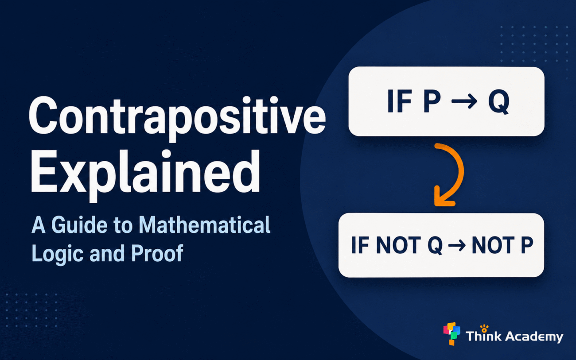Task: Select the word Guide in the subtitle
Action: pos(79,225)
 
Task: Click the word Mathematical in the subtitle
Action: pos(204,225)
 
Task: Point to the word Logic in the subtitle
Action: pos(57,253)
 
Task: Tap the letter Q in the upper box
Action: pos(498,102)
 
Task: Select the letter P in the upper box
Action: pos(432,101)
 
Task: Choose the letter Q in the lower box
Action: pos(435,246)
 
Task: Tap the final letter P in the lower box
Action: pos(527,245)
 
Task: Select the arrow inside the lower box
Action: pos(457,246)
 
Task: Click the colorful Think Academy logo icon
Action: pos(452,333)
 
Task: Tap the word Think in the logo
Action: pos(483,335)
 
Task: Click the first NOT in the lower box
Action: pos(398,245)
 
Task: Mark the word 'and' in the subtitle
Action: pos(108,253)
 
